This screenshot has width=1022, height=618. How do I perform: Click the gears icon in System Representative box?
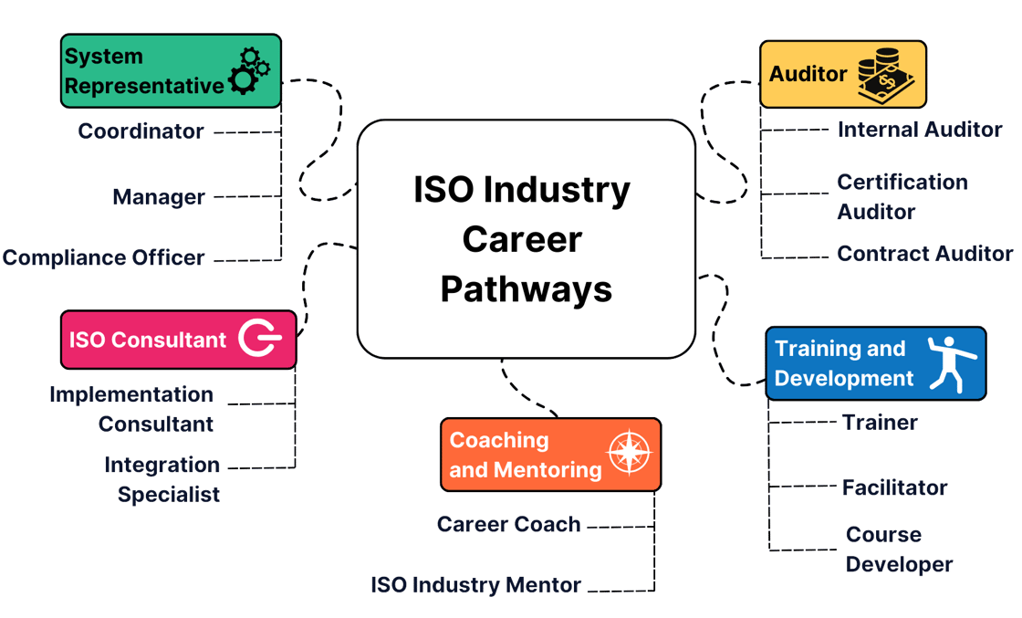(249, 70)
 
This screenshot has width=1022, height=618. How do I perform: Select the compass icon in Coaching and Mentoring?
(630, 454)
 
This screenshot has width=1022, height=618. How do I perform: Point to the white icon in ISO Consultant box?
(260, 340)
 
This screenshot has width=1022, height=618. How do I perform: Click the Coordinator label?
(141, 131)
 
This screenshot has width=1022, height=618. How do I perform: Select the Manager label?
(159, 197)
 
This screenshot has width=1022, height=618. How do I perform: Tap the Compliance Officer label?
(103, 258)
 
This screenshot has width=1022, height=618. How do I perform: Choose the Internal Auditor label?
(920, 130)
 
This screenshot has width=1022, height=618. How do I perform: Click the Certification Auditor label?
(902, 196)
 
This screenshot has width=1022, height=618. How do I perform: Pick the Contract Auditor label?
(924, 254)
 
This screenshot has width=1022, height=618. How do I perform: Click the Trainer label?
(880, 423)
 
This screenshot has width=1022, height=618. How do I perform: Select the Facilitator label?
(894, 487)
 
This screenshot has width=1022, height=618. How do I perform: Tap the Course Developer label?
(898, 550)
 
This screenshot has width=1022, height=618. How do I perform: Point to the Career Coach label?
(508, 525)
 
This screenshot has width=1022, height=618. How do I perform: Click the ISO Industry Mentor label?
(475, 586)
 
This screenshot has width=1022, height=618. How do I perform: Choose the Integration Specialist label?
(162, 479)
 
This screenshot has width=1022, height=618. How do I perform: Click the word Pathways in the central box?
(526, 288)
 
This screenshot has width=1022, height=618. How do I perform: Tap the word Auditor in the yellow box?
(808, 74)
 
